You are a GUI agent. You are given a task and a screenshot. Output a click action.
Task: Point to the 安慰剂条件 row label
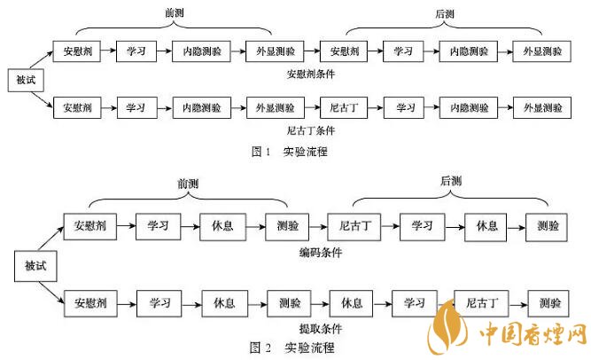pos(307,74)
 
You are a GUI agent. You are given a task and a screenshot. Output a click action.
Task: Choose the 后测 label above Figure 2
pos(453,181)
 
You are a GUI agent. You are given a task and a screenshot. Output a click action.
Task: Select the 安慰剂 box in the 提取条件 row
pos(91,303)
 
